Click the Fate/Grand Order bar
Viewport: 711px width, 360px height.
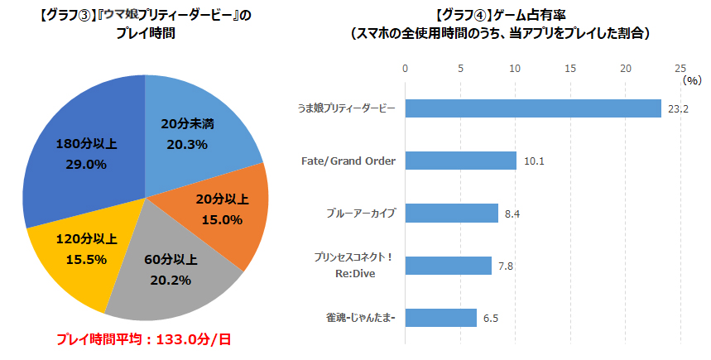click(x=459, y=161)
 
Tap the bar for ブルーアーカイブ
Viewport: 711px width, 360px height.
click(x=450, y=214)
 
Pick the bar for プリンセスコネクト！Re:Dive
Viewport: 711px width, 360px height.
click(x=447, y=266)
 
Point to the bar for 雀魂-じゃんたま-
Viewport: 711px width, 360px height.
click(x=440, y=318)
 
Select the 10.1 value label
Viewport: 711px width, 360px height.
click(x=534, y=161)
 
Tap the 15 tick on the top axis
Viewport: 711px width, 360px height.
click(x=570, y=68)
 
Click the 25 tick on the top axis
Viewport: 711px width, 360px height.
click(x=680, y=68)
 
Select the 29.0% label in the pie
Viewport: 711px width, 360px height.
click(x=86, y=164)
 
